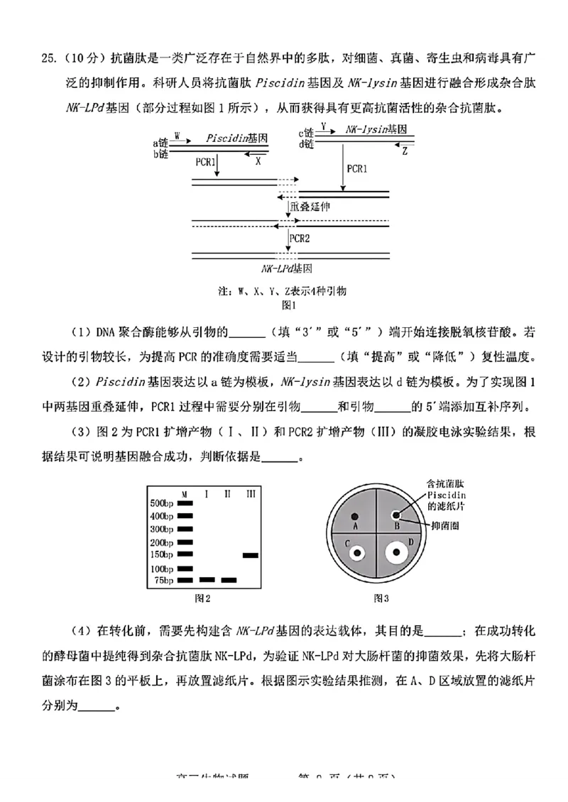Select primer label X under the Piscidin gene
click(259, 161)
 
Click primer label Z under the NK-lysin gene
click(405, 151)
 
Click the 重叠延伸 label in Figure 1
click(310, 206)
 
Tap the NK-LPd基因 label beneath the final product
click(288, 270)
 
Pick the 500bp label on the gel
click(161, 503)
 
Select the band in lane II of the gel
click(229, 580)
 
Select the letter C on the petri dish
click(348, 543)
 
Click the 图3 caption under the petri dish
click(381, 598)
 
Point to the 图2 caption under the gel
click(203, 598)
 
